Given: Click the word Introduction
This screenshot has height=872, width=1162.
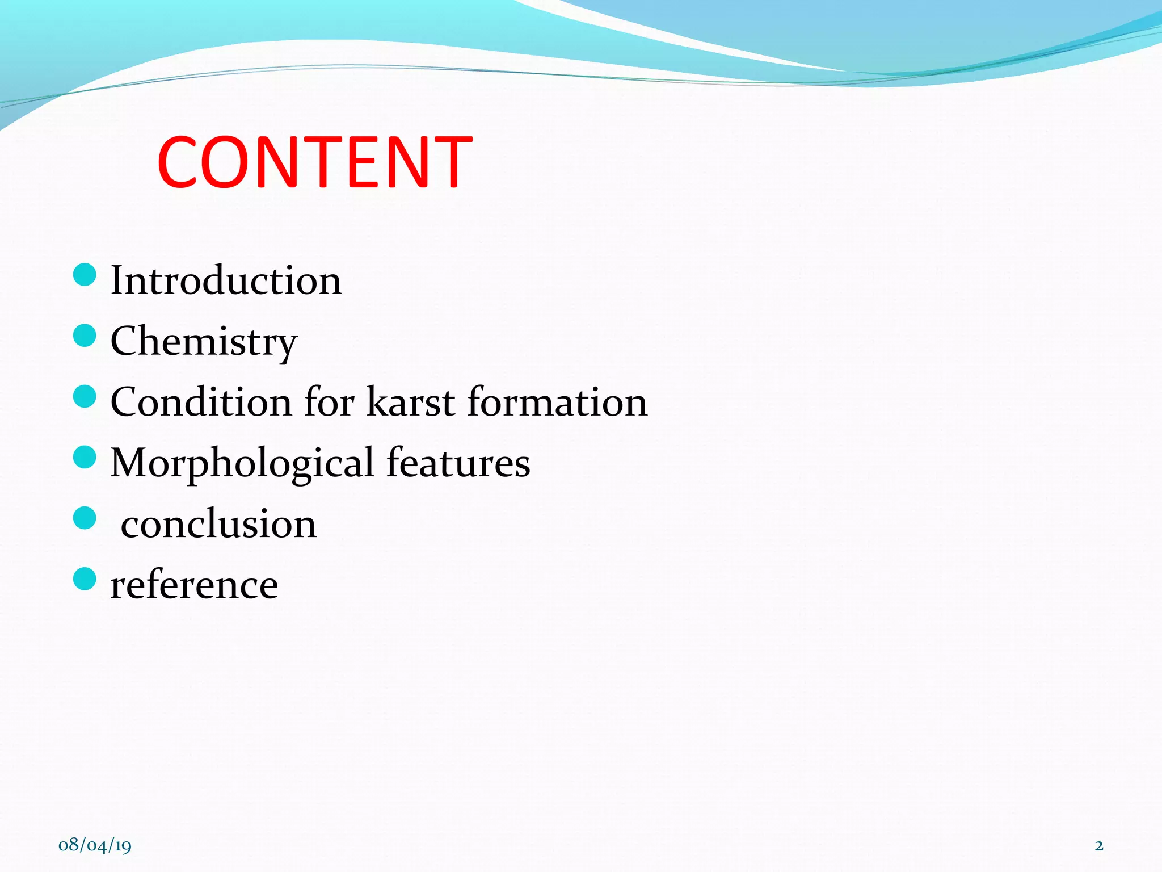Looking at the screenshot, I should point(226,280).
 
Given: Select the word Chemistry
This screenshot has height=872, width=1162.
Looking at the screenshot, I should point(204,341).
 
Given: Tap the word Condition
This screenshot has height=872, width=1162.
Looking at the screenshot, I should point(201,402).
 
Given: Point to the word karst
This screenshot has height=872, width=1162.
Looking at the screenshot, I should point(411,402).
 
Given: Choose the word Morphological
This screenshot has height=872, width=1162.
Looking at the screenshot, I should point(242,463).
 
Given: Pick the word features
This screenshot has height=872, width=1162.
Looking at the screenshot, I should point(458,463).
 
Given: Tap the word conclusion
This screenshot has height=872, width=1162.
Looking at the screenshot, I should point(218,524).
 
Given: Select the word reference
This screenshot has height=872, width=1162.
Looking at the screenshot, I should point(194,585).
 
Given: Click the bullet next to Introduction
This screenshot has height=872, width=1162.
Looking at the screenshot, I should point(85,275).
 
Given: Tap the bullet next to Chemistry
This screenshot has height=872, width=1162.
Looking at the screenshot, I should point(85,336).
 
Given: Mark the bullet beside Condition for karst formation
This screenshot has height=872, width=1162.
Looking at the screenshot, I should point(85,396).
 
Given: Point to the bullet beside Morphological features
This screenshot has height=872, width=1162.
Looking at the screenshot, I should point(85,457).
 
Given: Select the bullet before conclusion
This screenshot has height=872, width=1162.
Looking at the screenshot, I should point(85,518).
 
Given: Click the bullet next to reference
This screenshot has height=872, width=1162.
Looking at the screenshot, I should point(85,578).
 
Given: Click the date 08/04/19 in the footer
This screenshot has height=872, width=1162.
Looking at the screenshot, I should point(95,845).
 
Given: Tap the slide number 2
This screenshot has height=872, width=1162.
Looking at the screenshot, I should point(1099,846).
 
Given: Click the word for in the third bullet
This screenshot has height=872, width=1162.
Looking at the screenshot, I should point(329,402).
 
